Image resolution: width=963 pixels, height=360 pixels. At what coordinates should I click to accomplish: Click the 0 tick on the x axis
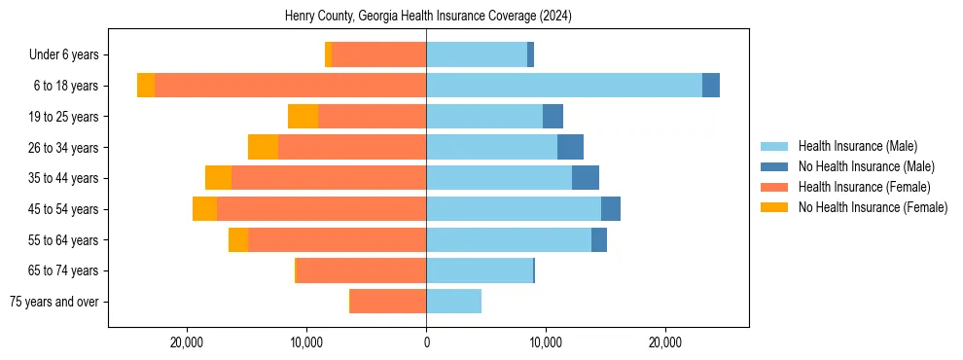[426, 342]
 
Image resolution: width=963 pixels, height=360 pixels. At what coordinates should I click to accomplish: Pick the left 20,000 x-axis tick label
[186, 342]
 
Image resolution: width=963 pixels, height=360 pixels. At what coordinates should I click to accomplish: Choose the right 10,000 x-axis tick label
[546, 342]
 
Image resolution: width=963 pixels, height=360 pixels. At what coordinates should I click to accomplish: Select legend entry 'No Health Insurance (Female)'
[873, 207]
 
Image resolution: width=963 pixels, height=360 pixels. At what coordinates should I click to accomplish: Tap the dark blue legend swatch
[775, 166]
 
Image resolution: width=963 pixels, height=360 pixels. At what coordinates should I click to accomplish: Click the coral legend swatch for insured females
[775, 187]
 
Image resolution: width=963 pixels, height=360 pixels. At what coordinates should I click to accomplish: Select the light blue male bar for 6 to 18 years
[564, 86]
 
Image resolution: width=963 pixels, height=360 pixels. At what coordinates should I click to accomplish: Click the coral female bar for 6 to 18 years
[290, 86]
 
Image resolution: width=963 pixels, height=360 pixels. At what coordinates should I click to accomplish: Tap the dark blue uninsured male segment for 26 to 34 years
[570, 147]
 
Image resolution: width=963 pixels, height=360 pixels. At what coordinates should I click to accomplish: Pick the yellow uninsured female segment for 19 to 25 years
[303, 117]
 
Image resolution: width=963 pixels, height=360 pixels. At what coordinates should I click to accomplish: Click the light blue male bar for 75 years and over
[453, 302]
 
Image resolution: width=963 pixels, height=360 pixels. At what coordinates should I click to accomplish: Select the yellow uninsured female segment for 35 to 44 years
[218, 178]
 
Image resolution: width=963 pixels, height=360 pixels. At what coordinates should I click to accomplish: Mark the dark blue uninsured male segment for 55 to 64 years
[599, 239]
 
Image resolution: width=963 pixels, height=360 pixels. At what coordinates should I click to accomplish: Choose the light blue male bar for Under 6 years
[477, 54]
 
